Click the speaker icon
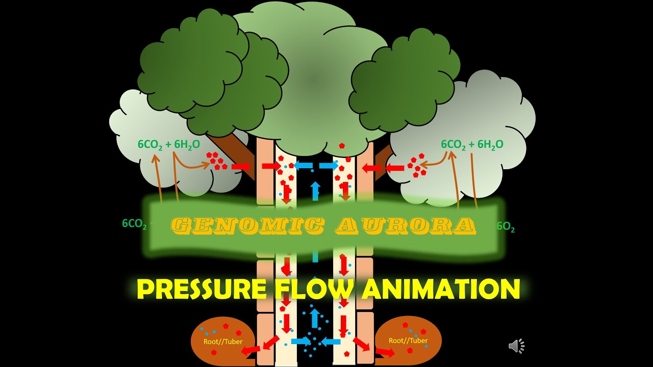pos(516,346)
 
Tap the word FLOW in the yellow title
pos(313,289)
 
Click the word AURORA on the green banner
pos(406,225)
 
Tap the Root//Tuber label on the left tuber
pos(223,342)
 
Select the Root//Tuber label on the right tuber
pos(408,340)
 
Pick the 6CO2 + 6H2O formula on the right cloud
pos(472,145)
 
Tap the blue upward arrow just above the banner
pos(315,190)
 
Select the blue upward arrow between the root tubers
pos(315,318)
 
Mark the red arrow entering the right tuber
pos(386,352)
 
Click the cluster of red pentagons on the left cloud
pos(216,161)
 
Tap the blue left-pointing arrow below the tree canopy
pos(303,165)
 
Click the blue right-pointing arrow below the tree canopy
pos(329,165)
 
